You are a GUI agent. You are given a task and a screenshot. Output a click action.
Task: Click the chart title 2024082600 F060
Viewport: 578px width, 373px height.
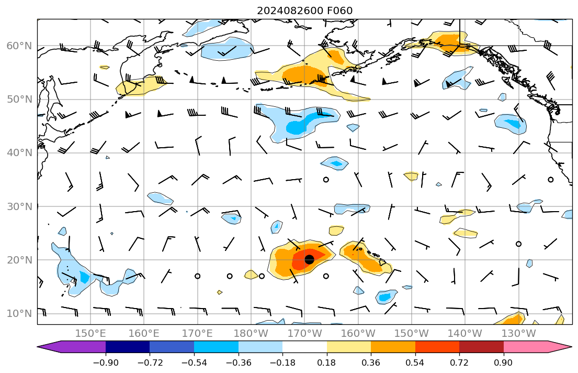coord(304,10)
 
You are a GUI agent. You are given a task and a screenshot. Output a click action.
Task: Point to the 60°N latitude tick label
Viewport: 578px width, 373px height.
coord(19,46)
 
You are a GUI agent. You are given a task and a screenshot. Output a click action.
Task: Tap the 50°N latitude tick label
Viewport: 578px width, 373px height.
coord(19,100)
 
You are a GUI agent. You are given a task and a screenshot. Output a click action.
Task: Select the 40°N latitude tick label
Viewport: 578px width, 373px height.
coord(19,153)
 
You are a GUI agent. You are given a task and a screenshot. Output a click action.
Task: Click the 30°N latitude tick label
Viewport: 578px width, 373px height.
coord(19,206)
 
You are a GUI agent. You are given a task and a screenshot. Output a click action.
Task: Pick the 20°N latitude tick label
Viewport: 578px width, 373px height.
coord(19,260)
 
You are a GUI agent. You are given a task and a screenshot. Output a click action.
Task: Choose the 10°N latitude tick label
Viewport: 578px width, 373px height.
coord(19,314)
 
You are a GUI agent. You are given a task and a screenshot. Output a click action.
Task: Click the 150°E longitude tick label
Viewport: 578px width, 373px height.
coord(91,333)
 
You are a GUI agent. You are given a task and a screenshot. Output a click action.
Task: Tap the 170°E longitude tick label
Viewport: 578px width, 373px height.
coord(198,333)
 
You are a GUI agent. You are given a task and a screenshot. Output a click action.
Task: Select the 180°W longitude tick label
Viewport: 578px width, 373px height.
coord(251,333)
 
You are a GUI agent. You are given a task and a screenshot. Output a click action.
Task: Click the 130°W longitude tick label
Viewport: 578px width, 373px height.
coord(518,333)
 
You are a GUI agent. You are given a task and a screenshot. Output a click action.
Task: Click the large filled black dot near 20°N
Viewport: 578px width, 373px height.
coord(309,259)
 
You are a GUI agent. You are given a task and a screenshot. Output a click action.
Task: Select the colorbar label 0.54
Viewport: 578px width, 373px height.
coord(415,363)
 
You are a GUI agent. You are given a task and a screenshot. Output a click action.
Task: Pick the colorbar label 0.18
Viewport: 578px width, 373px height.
coord(327,363)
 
